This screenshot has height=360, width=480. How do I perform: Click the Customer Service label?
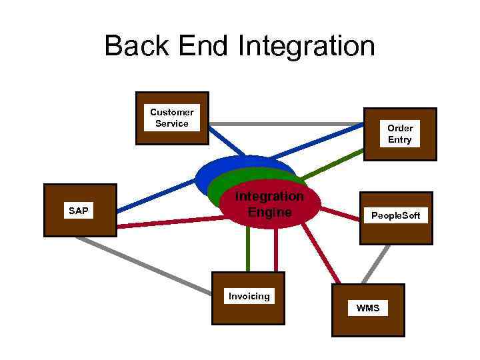click(x=172, y=118)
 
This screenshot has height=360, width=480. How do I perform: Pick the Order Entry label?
click(x=400, y=134)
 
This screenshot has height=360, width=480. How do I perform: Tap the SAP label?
click(x=78, y=211)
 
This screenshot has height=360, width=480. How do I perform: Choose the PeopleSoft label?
click(x=396, y=216)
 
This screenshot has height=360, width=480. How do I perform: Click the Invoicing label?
click(x=249, y=296)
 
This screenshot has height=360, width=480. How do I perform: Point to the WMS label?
click(x=367, y=308)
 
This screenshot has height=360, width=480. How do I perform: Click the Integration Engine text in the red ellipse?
click(x=269, y=205)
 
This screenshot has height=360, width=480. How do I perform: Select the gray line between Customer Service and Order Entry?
click(x=287, y=124)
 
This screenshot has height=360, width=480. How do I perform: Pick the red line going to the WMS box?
click(x=320, y=253)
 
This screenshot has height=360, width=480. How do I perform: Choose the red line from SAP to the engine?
click(x=167, y=222)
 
